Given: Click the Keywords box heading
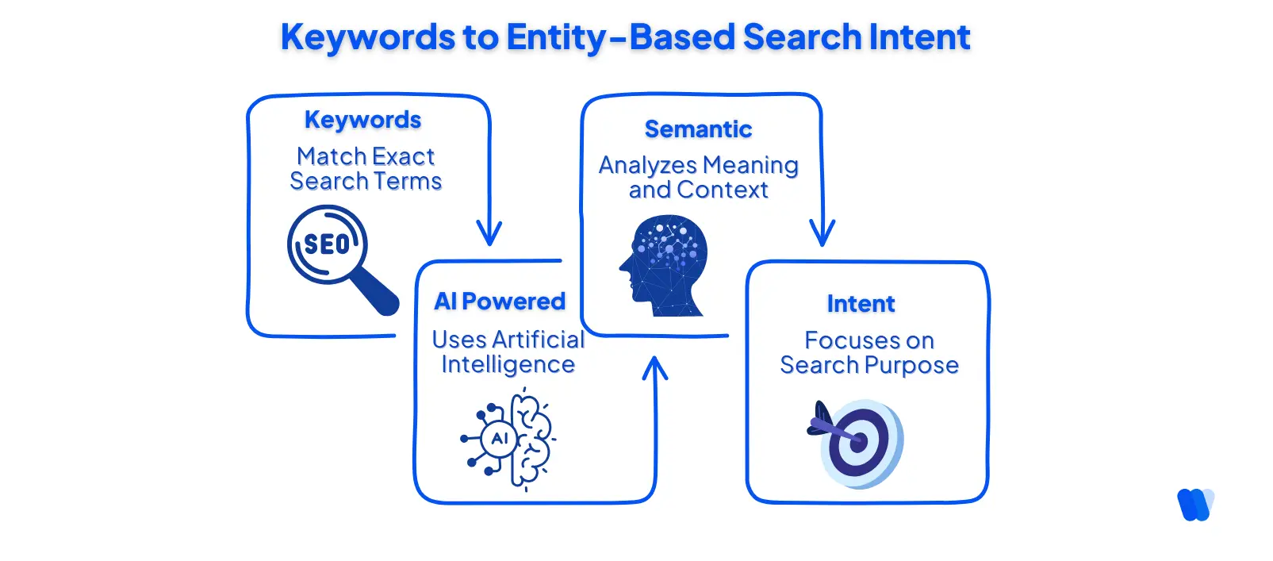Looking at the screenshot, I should pyautogui.click(x=362, y=120).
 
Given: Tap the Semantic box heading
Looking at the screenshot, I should pyautogui.click(x=698, y=129).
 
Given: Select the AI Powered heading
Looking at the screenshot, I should pyautogui.click(x=500, y=302).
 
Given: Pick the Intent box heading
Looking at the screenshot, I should pyautogui.click(x=861, y=304).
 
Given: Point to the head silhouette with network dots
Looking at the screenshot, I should pyautogui.click(x=664, y=265).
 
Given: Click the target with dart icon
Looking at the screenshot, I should pyautogui.click(x=857, y=442).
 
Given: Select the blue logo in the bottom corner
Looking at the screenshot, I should pyautogui.click(x=1195, y=505).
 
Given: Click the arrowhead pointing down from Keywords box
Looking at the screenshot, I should pyautogui.click(x=489, y=234).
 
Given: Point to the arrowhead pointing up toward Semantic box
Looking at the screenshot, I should pyautogui.click(x=654, y=369).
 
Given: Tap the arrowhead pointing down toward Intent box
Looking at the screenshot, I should pyautogui.click(x=822, y=234).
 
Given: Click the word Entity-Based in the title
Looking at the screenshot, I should pyautogui.click(x=620, y=37).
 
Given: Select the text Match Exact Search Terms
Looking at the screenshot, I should pyautogui.click(x=366, y=168).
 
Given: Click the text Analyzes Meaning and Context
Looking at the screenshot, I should pyautogui.click(x=698, y=177).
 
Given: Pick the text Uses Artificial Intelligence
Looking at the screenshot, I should pyautogui.click(x=508, y=352).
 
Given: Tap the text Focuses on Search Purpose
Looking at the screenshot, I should pyautogui.click(x=869, y=352).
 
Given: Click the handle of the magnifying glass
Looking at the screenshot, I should pyautogui.click(x=375, y=293).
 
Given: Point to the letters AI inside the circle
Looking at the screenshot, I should pyautogui.click(x=500, y=439).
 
